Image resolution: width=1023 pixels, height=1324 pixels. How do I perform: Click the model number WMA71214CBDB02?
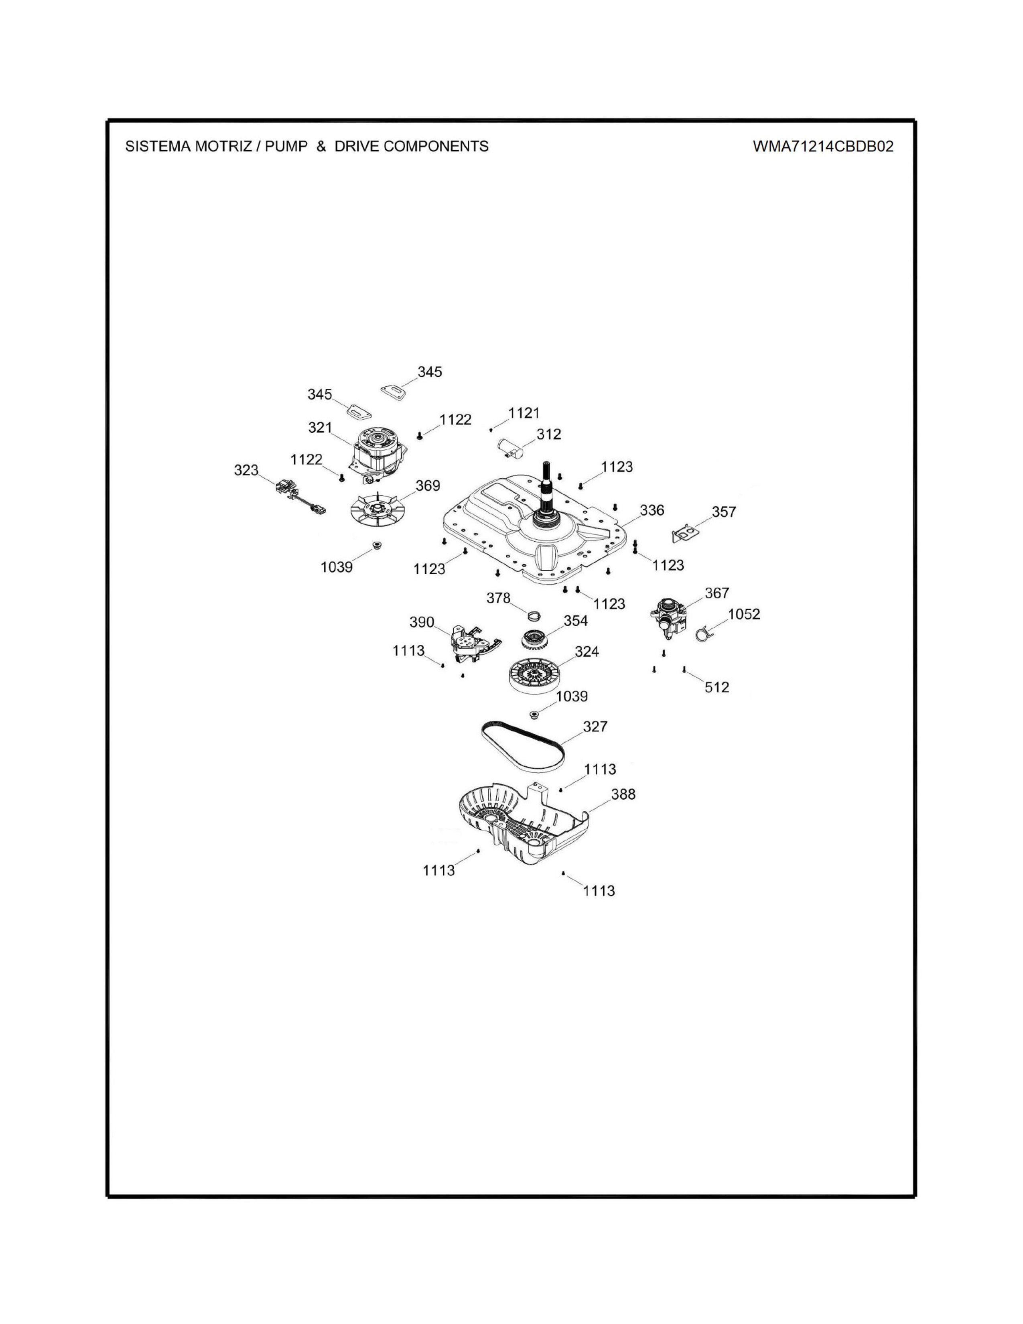(823, 146)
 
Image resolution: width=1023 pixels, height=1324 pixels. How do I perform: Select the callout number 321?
(320, 427)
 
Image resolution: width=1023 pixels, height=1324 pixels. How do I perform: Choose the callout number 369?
(428, 485)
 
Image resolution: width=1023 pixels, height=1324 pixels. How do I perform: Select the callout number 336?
(652, 510)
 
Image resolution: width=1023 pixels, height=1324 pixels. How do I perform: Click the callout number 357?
(724, 512)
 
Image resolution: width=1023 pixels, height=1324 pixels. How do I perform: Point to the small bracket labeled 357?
(686, 533)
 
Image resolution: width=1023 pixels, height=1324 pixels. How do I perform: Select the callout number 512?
(717, 687)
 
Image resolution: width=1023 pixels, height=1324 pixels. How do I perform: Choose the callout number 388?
(623, 794)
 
